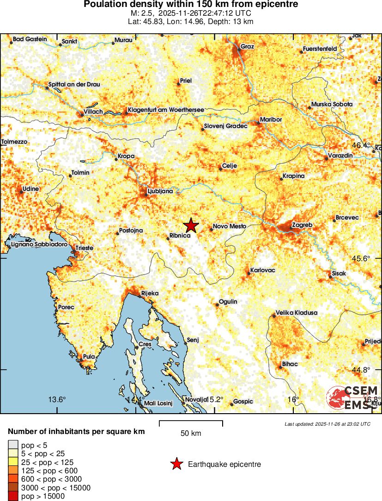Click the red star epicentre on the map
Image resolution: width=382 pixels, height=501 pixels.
[x=191, y=226]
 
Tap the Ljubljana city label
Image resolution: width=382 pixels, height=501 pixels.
[x=159, y=190]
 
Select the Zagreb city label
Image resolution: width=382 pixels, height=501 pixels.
[x=303, y=225]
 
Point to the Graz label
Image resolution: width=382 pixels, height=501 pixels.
[x=247, y=46]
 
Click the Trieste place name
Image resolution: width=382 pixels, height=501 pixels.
[x=85, y=248]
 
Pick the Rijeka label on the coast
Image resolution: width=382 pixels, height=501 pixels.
[x=150, y=293]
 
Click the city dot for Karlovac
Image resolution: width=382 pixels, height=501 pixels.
[x=249, y=274]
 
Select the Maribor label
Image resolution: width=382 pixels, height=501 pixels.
[x=271, y=119]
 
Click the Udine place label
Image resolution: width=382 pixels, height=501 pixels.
[x=31, y=189]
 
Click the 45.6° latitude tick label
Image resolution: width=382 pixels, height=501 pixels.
[x=361, y=258]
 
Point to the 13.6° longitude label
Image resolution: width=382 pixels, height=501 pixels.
[x=57, y=399]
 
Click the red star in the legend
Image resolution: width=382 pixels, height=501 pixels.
[x=176, y=464]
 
